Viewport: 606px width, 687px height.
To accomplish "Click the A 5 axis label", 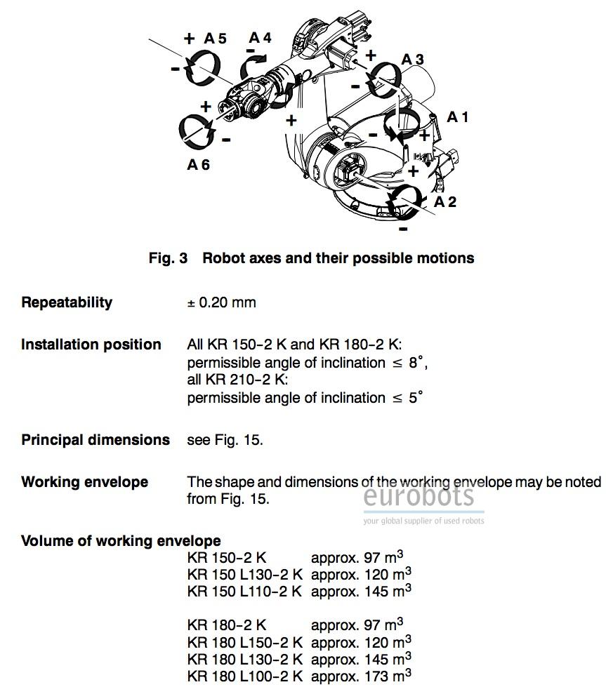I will click(x=215, y=39).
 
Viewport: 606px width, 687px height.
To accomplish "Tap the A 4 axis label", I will click(x=260, y=37).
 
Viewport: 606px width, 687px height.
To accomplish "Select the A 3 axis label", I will click(x=412, y=60).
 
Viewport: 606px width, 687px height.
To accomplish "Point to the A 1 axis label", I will click(x=458, y=116).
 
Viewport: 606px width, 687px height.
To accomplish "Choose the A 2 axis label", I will click(x=445, y=202).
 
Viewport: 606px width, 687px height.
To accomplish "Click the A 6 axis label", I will click(x=198, y=165).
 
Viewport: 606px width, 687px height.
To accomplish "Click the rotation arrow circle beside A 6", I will click(x=197, y=131).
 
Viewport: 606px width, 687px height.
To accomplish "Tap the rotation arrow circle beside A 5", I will click(x=202, y=69).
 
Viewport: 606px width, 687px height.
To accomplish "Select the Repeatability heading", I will click(x=67, y=302).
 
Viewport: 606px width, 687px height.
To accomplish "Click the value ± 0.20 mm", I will click(x=221, y=302).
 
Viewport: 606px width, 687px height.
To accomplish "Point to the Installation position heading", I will click(x=91, y=345).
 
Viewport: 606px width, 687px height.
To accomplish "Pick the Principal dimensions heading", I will click(x=95, y=440).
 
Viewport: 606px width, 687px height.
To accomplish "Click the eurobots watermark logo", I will click(x=419, y=497).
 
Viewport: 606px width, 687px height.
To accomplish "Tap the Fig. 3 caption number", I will click(x=168, y=258).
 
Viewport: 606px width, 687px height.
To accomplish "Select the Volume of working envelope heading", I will click(x=121, y=541).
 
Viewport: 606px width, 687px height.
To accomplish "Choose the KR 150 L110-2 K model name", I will click(x=244, y=592).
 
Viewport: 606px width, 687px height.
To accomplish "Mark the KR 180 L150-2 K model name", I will click(x=244, y=642).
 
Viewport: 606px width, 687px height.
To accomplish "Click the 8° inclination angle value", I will click(x=416, y=363).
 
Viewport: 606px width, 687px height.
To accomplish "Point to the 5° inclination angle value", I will click(x=416, y=398).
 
